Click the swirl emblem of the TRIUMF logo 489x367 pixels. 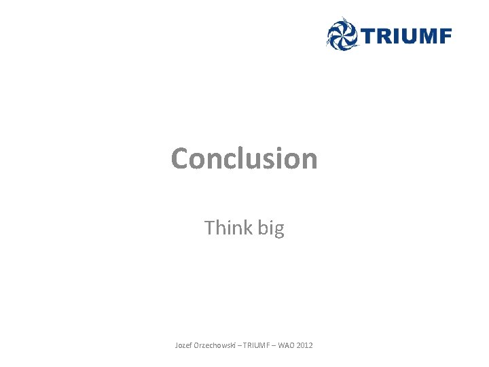click(342, 33)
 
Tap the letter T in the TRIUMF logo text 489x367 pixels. click(367, 36)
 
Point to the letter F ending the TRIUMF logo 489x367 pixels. click(444, 36)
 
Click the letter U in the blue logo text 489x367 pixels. click(403, 36)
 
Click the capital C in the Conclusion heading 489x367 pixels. click(180, 158)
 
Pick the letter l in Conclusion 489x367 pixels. click(241, 158)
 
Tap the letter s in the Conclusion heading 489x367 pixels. click(270, 160)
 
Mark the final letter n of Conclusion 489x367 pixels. click(309, 160)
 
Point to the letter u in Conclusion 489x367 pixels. click(255, 160)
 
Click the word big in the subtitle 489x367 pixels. click(271, 229)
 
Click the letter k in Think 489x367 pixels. click(248, 228)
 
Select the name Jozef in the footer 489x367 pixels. click(183, 346)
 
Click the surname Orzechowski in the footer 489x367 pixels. click(215, 346)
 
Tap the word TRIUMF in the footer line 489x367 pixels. click(255, 346)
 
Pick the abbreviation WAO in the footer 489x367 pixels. click(286, 346)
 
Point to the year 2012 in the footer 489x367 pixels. click(305, 346)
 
